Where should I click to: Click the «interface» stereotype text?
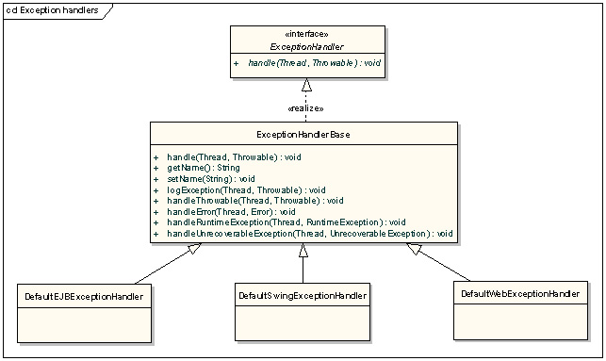[307, 34]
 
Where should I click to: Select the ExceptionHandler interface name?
[307, 47]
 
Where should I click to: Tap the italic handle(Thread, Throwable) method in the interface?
[314, 62]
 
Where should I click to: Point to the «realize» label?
[305, 108]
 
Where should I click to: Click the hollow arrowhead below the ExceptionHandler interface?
[306, 85]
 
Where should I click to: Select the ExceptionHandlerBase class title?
[303, 135]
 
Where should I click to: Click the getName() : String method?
[204, 168]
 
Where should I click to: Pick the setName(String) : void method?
[210, 179]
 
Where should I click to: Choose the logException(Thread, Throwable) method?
[246, 190]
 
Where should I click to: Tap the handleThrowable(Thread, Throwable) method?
[255, 201]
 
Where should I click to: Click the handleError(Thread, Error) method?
[231, 212]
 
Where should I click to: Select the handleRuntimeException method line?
[287, 222]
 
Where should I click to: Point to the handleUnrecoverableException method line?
[309, 234]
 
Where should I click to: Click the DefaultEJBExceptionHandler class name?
[84, 297]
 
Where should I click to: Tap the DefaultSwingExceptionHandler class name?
[303, 296]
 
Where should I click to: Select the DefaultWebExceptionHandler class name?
[520, 294]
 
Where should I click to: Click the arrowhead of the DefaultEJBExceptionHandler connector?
[195, 248]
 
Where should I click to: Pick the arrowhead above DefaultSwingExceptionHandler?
[303, 251]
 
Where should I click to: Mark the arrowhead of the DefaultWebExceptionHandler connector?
[414, 249]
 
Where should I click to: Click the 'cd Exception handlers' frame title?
[52, 10]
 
